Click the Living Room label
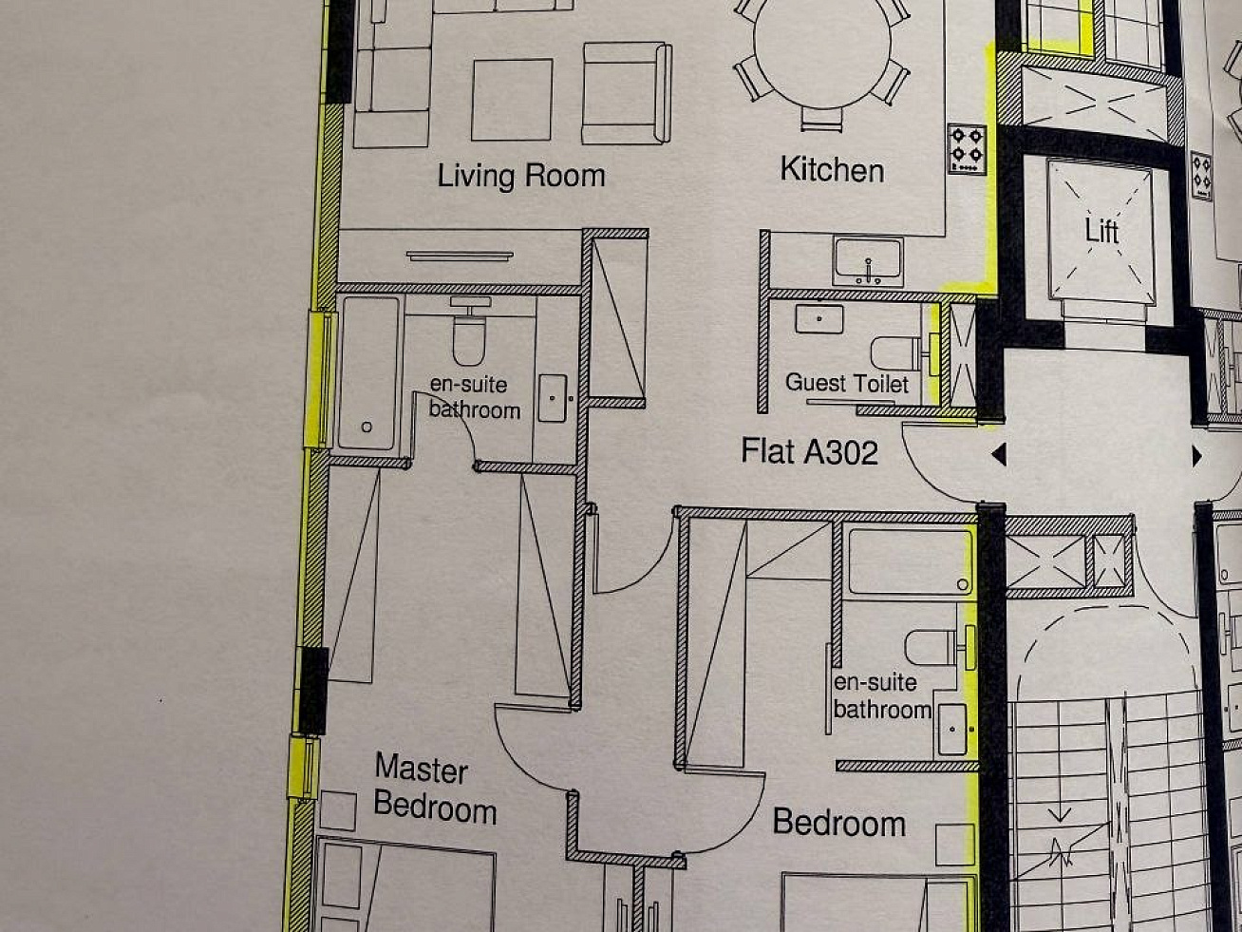pyautogui.click(x=521, y=176)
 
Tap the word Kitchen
pyautogui.click(x=832, y=169)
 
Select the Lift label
pyautogui.click(x=1101, y=230)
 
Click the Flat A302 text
pyautogui.click(x=810, y=451)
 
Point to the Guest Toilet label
pyautogui.click(x=846, y=383)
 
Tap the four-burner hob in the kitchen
pyautogui.click(x=968, y=149)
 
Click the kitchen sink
pyautogui.click(x=868, y=261)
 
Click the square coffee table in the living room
pyautogui.click(x=512, y=100)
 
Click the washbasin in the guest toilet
pyautogui.click(x=819, y=318)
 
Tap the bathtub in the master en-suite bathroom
pyautogui.click(x=368, y=373)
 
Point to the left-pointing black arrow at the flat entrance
pyautogui.click(x=999, y=454)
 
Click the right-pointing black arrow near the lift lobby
pyautogui.click(x=1197, y=456)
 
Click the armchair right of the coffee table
pyautogui.click(x=627, y=93)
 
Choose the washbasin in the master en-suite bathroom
pyautogui.click(x=553, y=398)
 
